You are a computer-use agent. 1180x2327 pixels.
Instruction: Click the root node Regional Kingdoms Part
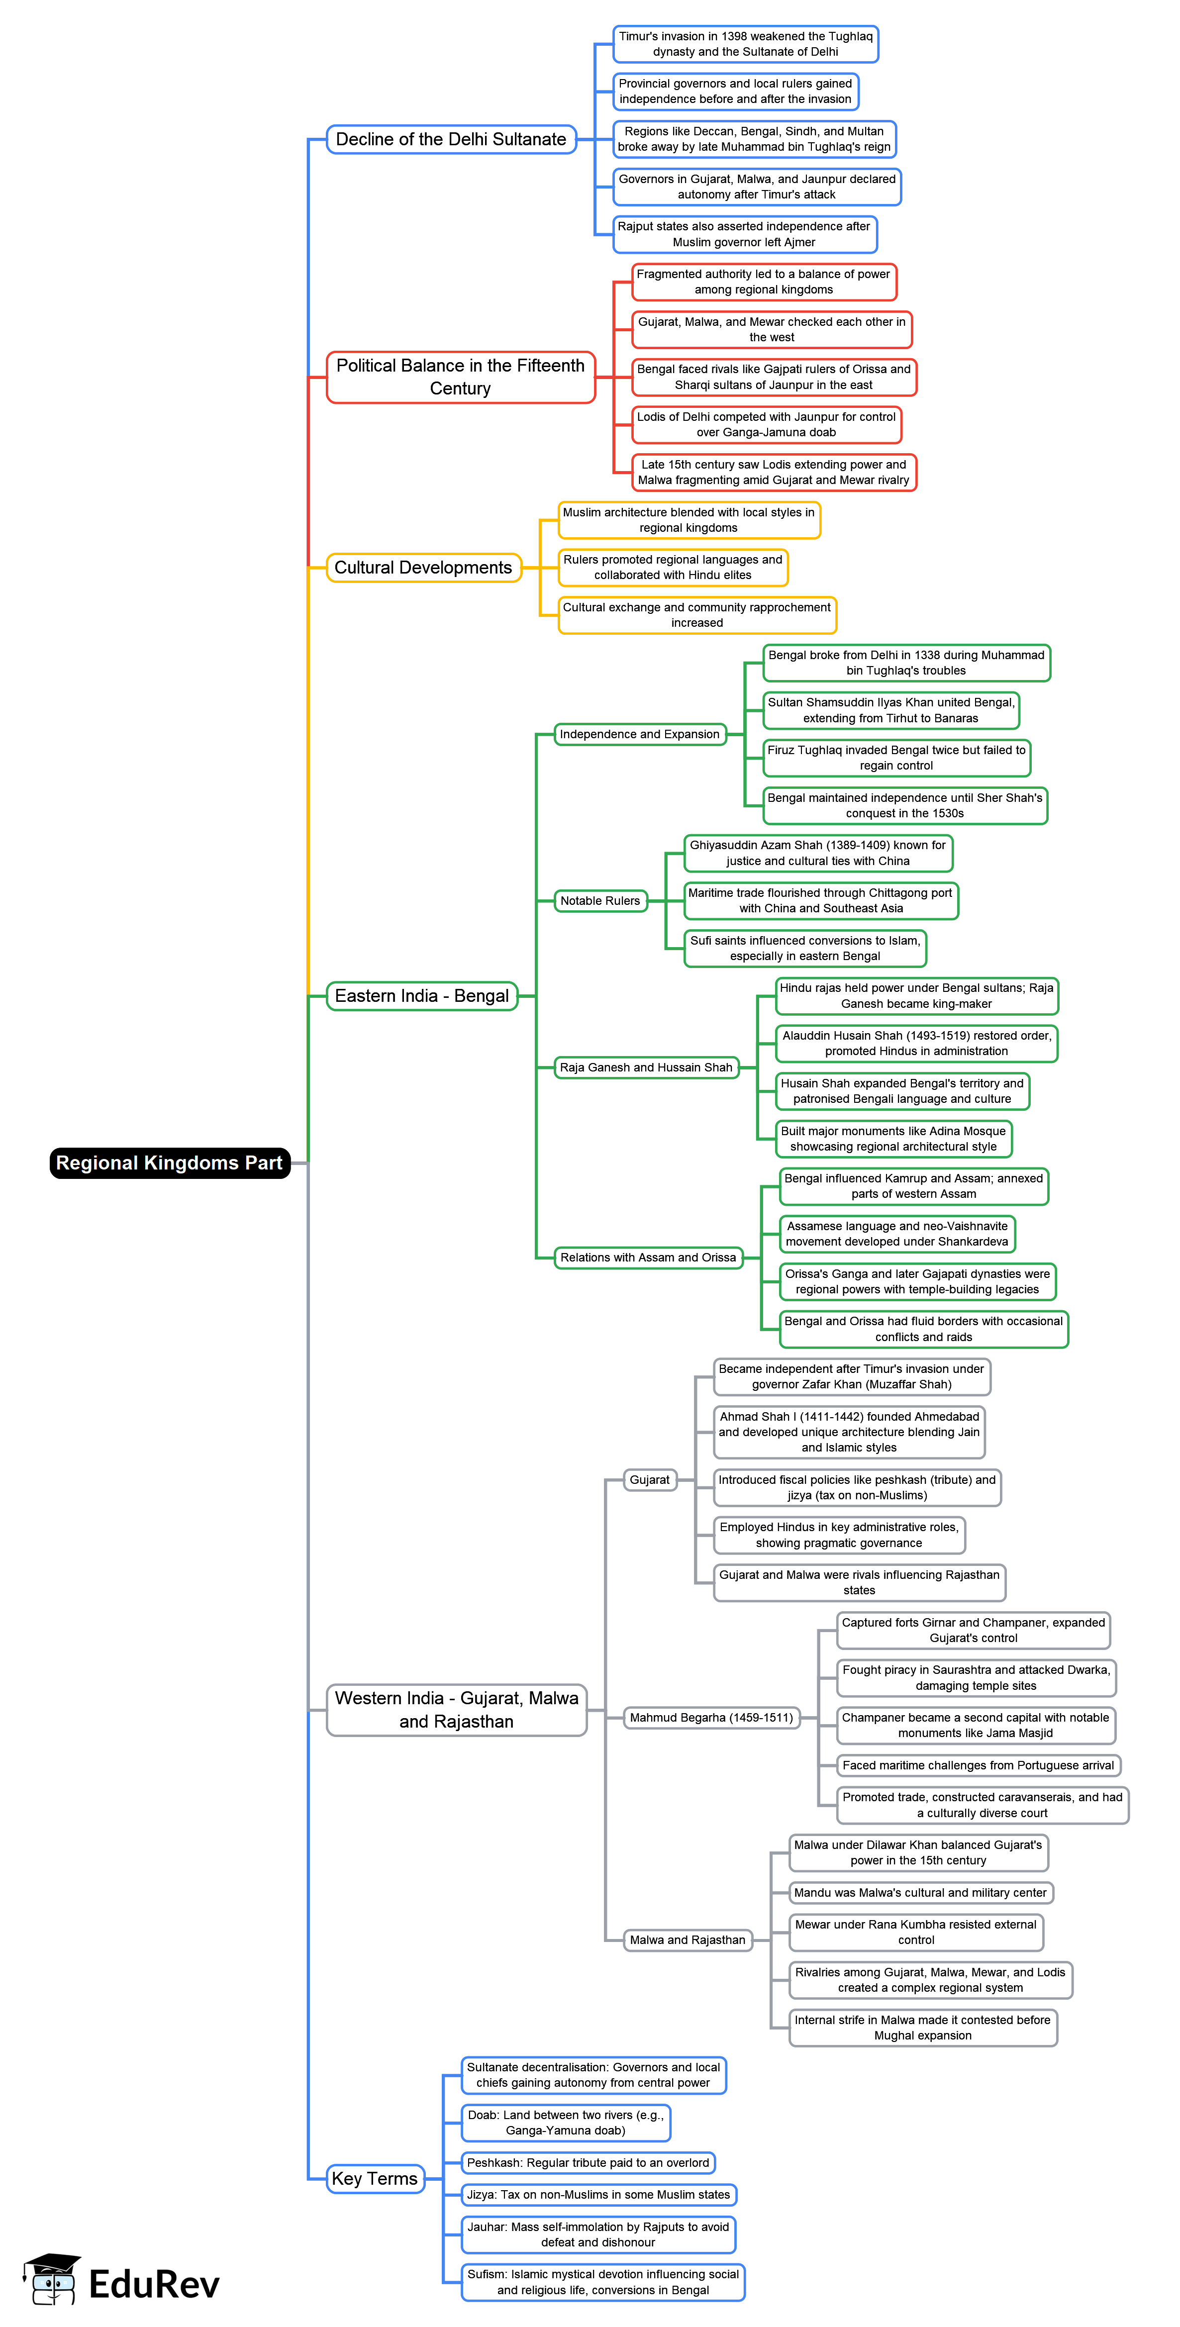[170, 1163]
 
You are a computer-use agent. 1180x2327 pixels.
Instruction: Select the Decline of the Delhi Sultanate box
[451, 139]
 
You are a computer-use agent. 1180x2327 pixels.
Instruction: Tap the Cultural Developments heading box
[424, 567]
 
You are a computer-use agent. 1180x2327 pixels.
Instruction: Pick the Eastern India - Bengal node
[422, 995]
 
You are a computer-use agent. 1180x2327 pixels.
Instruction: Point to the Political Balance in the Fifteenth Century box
[461, 377]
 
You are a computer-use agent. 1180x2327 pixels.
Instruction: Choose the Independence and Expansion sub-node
[640, 734]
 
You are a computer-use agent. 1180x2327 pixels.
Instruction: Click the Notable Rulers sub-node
[600, 901]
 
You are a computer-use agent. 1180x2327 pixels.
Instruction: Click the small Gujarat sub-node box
[650, 1480]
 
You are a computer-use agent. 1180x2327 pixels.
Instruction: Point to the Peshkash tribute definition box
[588, 2162]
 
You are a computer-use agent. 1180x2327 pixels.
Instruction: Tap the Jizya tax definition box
[599, 2194]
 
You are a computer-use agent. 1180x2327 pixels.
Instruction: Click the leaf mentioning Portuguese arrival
[978, 1765]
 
